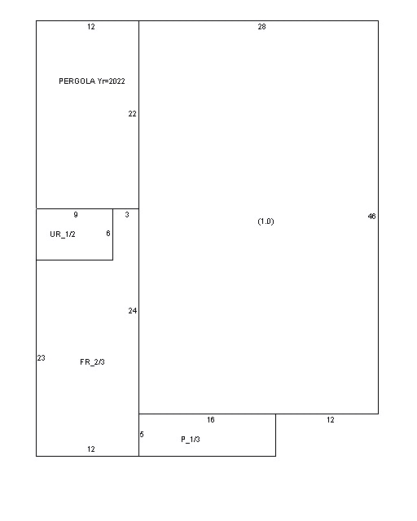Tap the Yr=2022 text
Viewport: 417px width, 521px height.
(111, 81)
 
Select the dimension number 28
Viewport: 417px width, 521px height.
(261, 27)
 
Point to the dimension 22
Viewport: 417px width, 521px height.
(133, 114)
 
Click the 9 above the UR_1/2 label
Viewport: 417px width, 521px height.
(76, 215)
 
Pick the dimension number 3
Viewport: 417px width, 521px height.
(127, 215)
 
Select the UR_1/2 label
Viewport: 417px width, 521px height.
(63, 234)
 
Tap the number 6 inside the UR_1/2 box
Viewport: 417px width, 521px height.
(108, 234)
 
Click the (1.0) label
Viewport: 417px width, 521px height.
(266, 221)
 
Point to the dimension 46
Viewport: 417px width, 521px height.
(371, 217)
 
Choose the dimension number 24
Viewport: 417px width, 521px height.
(133, 311)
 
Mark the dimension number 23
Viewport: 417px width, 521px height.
(42, 358)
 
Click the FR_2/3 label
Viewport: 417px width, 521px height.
(93, 361)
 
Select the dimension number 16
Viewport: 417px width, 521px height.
(210, 420)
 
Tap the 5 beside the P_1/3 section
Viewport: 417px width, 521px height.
(142, 434)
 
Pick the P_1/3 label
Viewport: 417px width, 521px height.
(191, 440)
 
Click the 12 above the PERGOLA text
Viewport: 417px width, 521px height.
(91, 27)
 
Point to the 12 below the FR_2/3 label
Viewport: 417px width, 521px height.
(91, 449)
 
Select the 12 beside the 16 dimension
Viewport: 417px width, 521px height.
(330, 420)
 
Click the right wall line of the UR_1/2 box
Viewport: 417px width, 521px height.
(112, 234)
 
